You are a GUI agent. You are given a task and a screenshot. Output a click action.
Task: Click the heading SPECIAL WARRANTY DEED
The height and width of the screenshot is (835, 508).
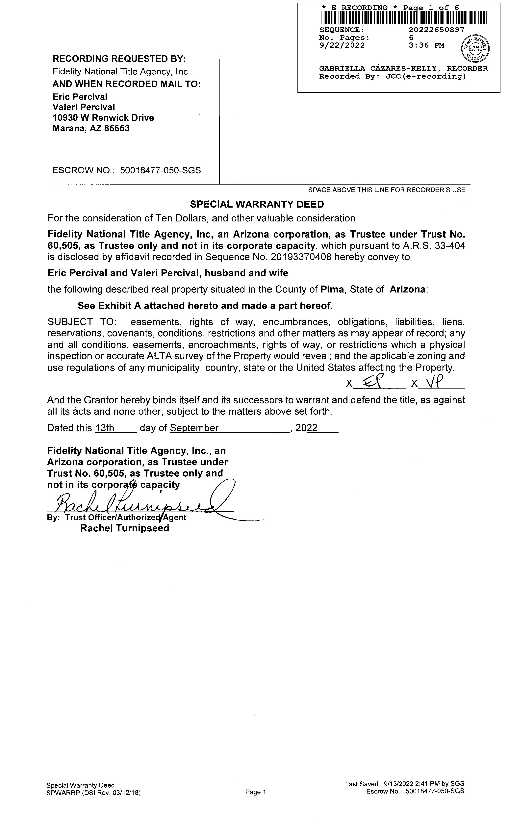click(x=257, y=204)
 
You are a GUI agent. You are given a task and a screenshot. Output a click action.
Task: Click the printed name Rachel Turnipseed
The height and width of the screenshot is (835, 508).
click(x=124, y=528)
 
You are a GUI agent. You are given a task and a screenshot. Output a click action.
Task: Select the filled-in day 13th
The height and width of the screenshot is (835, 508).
click(x=105, y=428)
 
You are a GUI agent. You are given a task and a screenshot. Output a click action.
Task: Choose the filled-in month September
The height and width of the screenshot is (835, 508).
click(x=194, y=428)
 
